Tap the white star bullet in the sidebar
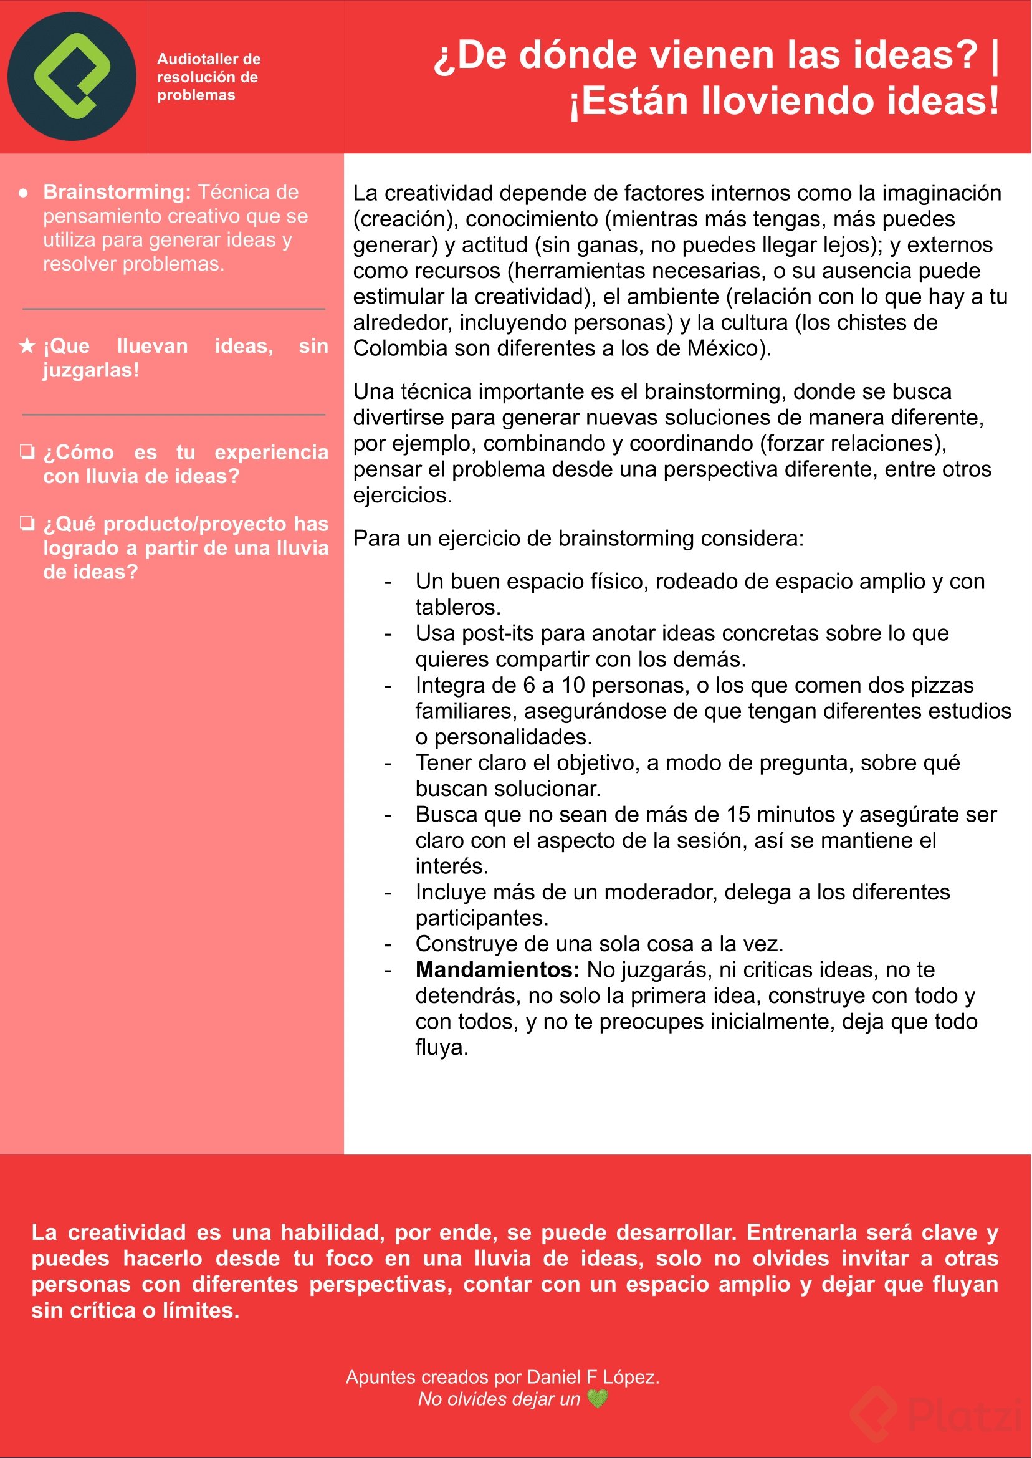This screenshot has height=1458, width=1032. [27, 346]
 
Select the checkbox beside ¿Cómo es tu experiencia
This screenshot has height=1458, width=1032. [27, 451]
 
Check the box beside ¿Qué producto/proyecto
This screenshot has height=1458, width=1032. [27, 523]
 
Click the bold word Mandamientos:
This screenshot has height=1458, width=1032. [497, 970]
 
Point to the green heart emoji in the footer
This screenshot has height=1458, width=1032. [598, 1398]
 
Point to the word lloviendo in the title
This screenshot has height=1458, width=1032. [788, 102]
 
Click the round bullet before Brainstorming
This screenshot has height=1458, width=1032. [24, 193]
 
